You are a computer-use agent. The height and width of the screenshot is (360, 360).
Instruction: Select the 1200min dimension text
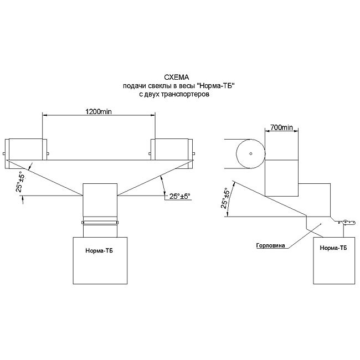pos(99,111)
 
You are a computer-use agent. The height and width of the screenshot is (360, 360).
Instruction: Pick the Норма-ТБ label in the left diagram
pos(99,250)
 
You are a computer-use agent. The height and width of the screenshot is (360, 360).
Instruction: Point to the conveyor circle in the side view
pos(250,153)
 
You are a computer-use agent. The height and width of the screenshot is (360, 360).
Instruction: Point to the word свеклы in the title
pos(157,87)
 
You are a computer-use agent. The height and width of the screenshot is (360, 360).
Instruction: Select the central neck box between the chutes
pos(100,200)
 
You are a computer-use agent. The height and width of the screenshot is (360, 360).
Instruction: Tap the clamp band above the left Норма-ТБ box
pos(100,223)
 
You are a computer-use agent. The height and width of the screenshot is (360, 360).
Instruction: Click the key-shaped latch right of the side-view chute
pos(348,222)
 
